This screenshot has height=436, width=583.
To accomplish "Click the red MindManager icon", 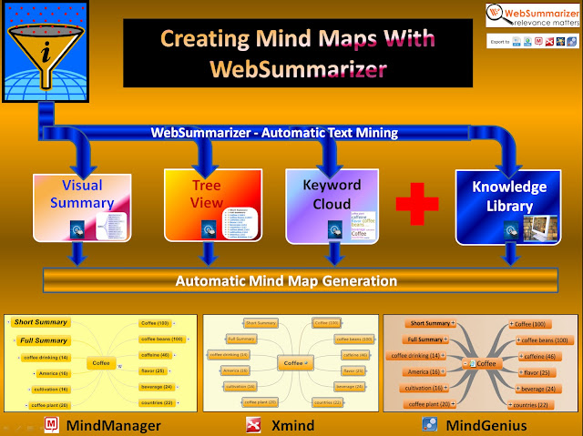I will (52, 424).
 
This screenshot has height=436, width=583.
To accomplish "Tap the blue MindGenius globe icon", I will (429, 424).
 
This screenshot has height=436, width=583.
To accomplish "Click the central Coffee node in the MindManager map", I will (101, 362).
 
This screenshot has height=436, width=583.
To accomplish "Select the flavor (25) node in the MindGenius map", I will (535, 371).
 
